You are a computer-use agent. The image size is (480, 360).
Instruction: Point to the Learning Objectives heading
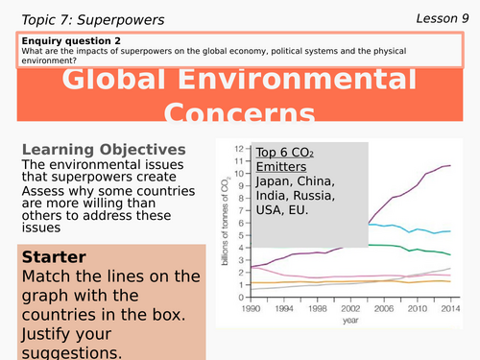[104, 150]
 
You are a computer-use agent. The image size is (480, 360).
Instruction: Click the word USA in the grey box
[272, 214]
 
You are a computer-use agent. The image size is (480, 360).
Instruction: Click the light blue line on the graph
[403, 229]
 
